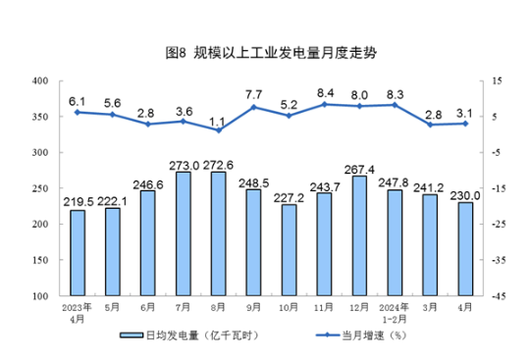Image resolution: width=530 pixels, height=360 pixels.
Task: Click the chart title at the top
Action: [265, 51]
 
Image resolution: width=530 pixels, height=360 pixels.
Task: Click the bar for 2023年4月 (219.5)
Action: [77, 253]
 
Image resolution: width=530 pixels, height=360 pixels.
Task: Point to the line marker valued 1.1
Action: [218, 129]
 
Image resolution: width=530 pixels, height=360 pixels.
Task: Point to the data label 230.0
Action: [464, 195]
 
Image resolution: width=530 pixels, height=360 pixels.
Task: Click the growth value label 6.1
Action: [78, 101]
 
